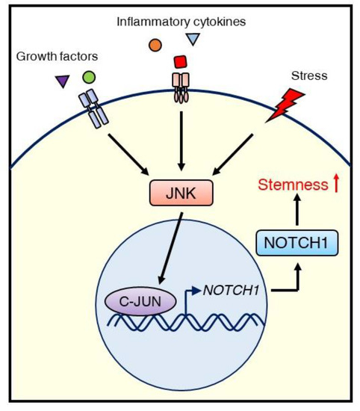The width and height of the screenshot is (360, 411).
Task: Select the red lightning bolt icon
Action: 288,105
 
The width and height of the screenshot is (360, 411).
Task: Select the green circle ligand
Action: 89,76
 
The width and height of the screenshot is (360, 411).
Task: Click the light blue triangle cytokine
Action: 193,40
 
